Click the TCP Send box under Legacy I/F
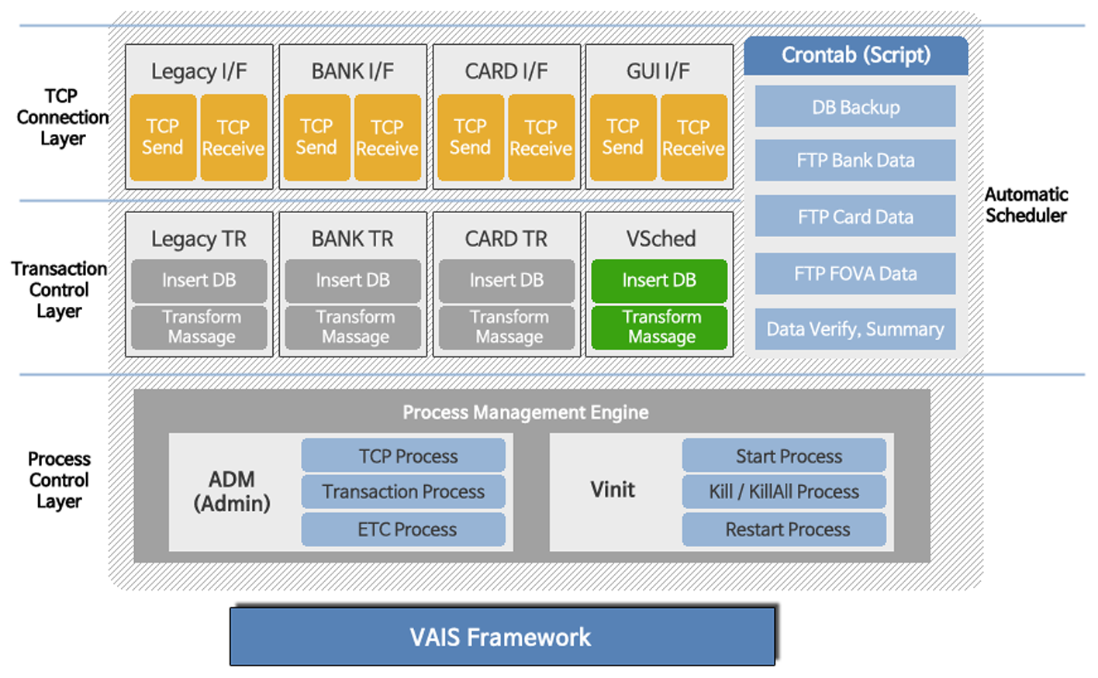[163, 137]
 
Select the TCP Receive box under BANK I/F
[387, 137]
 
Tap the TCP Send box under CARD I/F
[470, 137]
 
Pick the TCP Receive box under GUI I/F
[693, 137]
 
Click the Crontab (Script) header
[855, 55]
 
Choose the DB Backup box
[855, 107]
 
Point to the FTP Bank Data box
[855, 160]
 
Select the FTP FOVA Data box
[855, 274]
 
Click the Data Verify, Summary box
[855, 329]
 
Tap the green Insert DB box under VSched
[659, 280]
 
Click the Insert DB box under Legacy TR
[199, 280]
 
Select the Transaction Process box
[403, 491]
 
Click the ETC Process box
[403, 529]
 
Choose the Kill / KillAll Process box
[784, 491]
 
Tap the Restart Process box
[784, 529]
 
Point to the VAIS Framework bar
[502, 637]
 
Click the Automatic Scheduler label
[1026, 205]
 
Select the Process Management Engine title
[525, 412]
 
